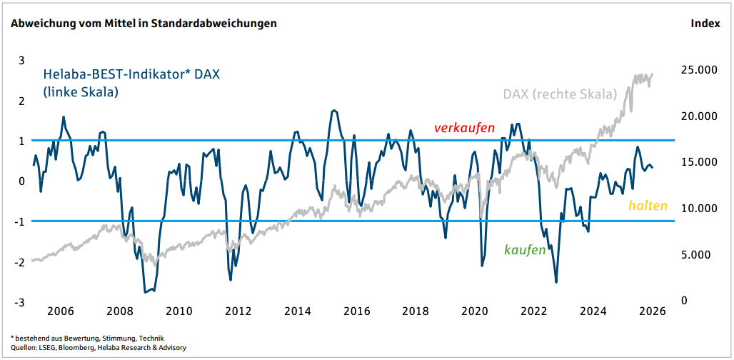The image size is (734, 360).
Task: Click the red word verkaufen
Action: pyautogui.click(x=465, y=128)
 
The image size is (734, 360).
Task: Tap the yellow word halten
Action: pyautogui.click(x=648, y=206)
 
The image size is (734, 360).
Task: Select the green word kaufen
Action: pyautogui.click(x=525, y=250)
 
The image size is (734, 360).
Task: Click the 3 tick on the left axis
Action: pyautogui.click(x=21, y=60)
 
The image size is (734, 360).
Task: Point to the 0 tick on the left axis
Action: pyautogui.click(x=21, y=181)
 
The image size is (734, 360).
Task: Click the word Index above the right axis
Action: pyautogui.click(x=705, y=24)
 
